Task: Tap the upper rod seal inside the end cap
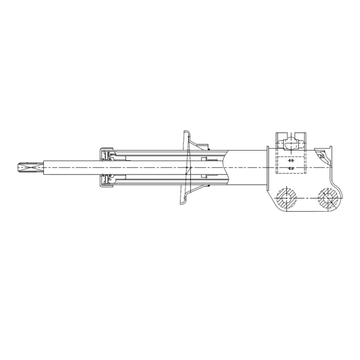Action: point(109,156)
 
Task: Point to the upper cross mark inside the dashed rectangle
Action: point(291,161)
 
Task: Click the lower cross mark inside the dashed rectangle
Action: point(291,169)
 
